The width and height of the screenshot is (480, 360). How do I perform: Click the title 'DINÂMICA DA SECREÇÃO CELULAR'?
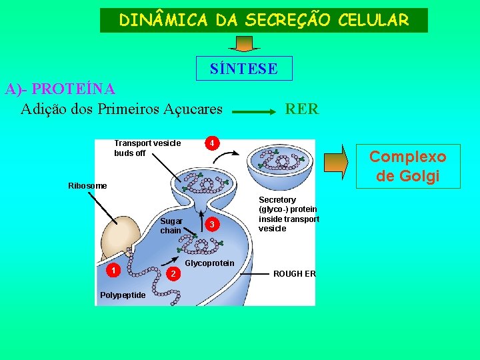[263, 21]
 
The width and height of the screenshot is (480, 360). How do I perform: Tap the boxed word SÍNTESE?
[243, 68]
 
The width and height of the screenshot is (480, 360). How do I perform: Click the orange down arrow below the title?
[244, 43]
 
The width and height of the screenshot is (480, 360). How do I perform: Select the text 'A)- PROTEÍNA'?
[60, 89]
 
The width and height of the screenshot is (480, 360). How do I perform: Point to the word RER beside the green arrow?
[301, 109]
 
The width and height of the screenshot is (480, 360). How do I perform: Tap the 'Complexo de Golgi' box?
[408, 167]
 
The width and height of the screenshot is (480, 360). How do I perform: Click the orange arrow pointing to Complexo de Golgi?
[336, 163]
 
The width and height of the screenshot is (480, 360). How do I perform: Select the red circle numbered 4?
[211, 143]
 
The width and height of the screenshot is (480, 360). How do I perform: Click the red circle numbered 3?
[211, 225]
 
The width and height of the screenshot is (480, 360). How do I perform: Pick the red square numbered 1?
[115, 270]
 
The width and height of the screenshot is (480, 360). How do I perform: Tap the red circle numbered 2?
[173, 274]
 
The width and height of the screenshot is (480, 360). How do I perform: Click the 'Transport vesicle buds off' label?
[139, 148]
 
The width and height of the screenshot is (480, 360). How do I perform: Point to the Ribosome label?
[87, 185]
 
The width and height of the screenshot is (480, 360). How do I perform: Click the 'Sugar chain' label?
[171, 225]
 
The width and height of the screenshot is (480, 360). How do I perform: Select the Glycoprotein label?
[209, 263]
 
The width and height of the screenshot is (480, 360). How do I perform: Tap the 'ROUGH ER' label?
[294, 274]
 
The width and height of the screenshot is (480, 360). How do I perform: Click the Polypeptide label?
[122, 295]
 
